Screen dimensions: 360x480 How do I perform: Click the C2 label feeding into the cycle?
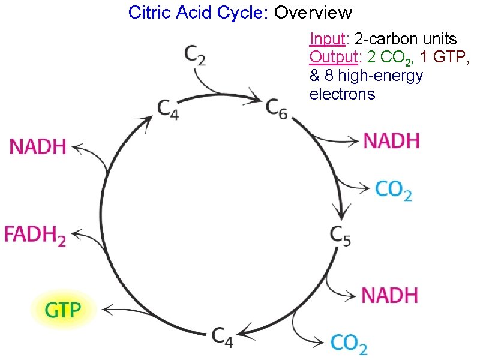(195, 57)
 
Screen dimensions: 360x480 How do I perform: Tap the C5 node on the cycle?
(340, 235)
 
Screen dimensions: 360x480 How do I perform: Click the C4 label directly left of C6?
(167, 108)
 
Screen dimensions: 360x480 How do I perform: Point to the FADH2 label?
(35, 234)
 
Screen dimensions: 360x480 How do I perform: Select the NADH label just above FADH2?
(38, 146)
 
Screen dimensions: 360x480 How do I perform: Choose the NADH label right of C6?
(391, 142)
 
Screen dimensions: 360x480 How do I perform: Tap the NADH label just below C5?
(390, 295)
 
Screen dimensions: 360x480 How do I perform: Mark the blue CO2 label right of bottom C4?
(349, 343)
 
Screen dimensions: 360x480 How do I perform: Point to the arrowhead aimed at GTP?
(106, 310)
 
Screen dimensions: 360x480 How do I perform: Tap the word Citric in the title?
(148, 11)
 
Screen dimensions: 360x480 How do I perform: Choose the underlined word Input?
(326, 40)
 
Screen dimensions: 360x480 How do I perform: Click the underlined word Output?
(333, 58)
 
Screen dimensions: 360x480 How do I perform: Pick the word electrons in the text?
(342, 94)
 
